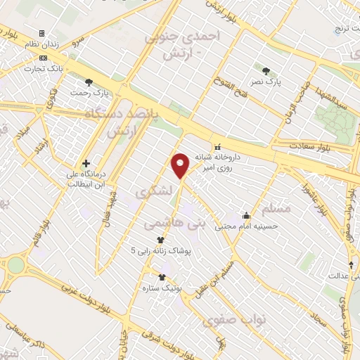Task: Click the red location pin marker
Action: coord(181,166)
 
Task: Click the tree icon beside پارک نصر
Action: coord(266,71)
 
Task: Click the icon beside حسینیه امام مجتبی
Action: coord(246,215)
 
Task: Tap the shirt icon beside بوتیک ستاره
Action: coord(163,277)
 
